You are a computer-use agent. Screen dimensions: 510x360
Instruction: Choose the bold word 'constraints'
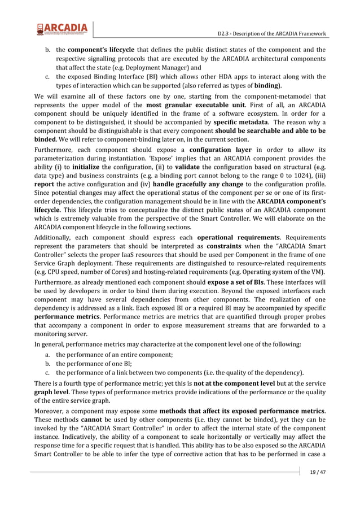tap(226, 247)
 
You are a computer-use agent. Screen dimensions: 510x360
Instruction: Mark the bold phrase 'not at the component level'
tap(234, 383)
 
